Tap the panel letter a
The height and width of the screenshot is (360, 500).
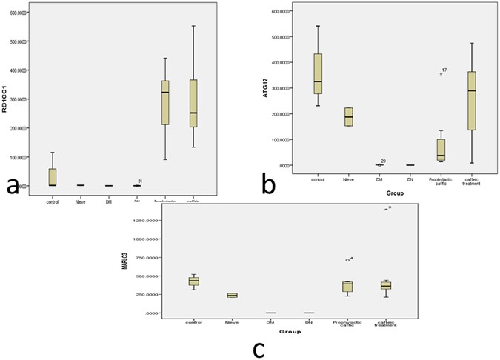(x=13, y=187)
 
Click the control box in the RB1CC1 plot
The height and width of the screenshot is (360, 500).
(x=52, y=177)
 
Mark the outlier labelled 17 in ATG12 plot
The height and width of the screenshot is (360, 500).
(x=441, y=73)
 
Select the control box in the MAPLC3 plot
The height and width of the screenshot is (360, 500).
(x=194, y=281)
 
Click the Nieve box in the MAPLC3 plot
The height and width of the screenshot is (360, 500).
(x=232, y=295)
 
